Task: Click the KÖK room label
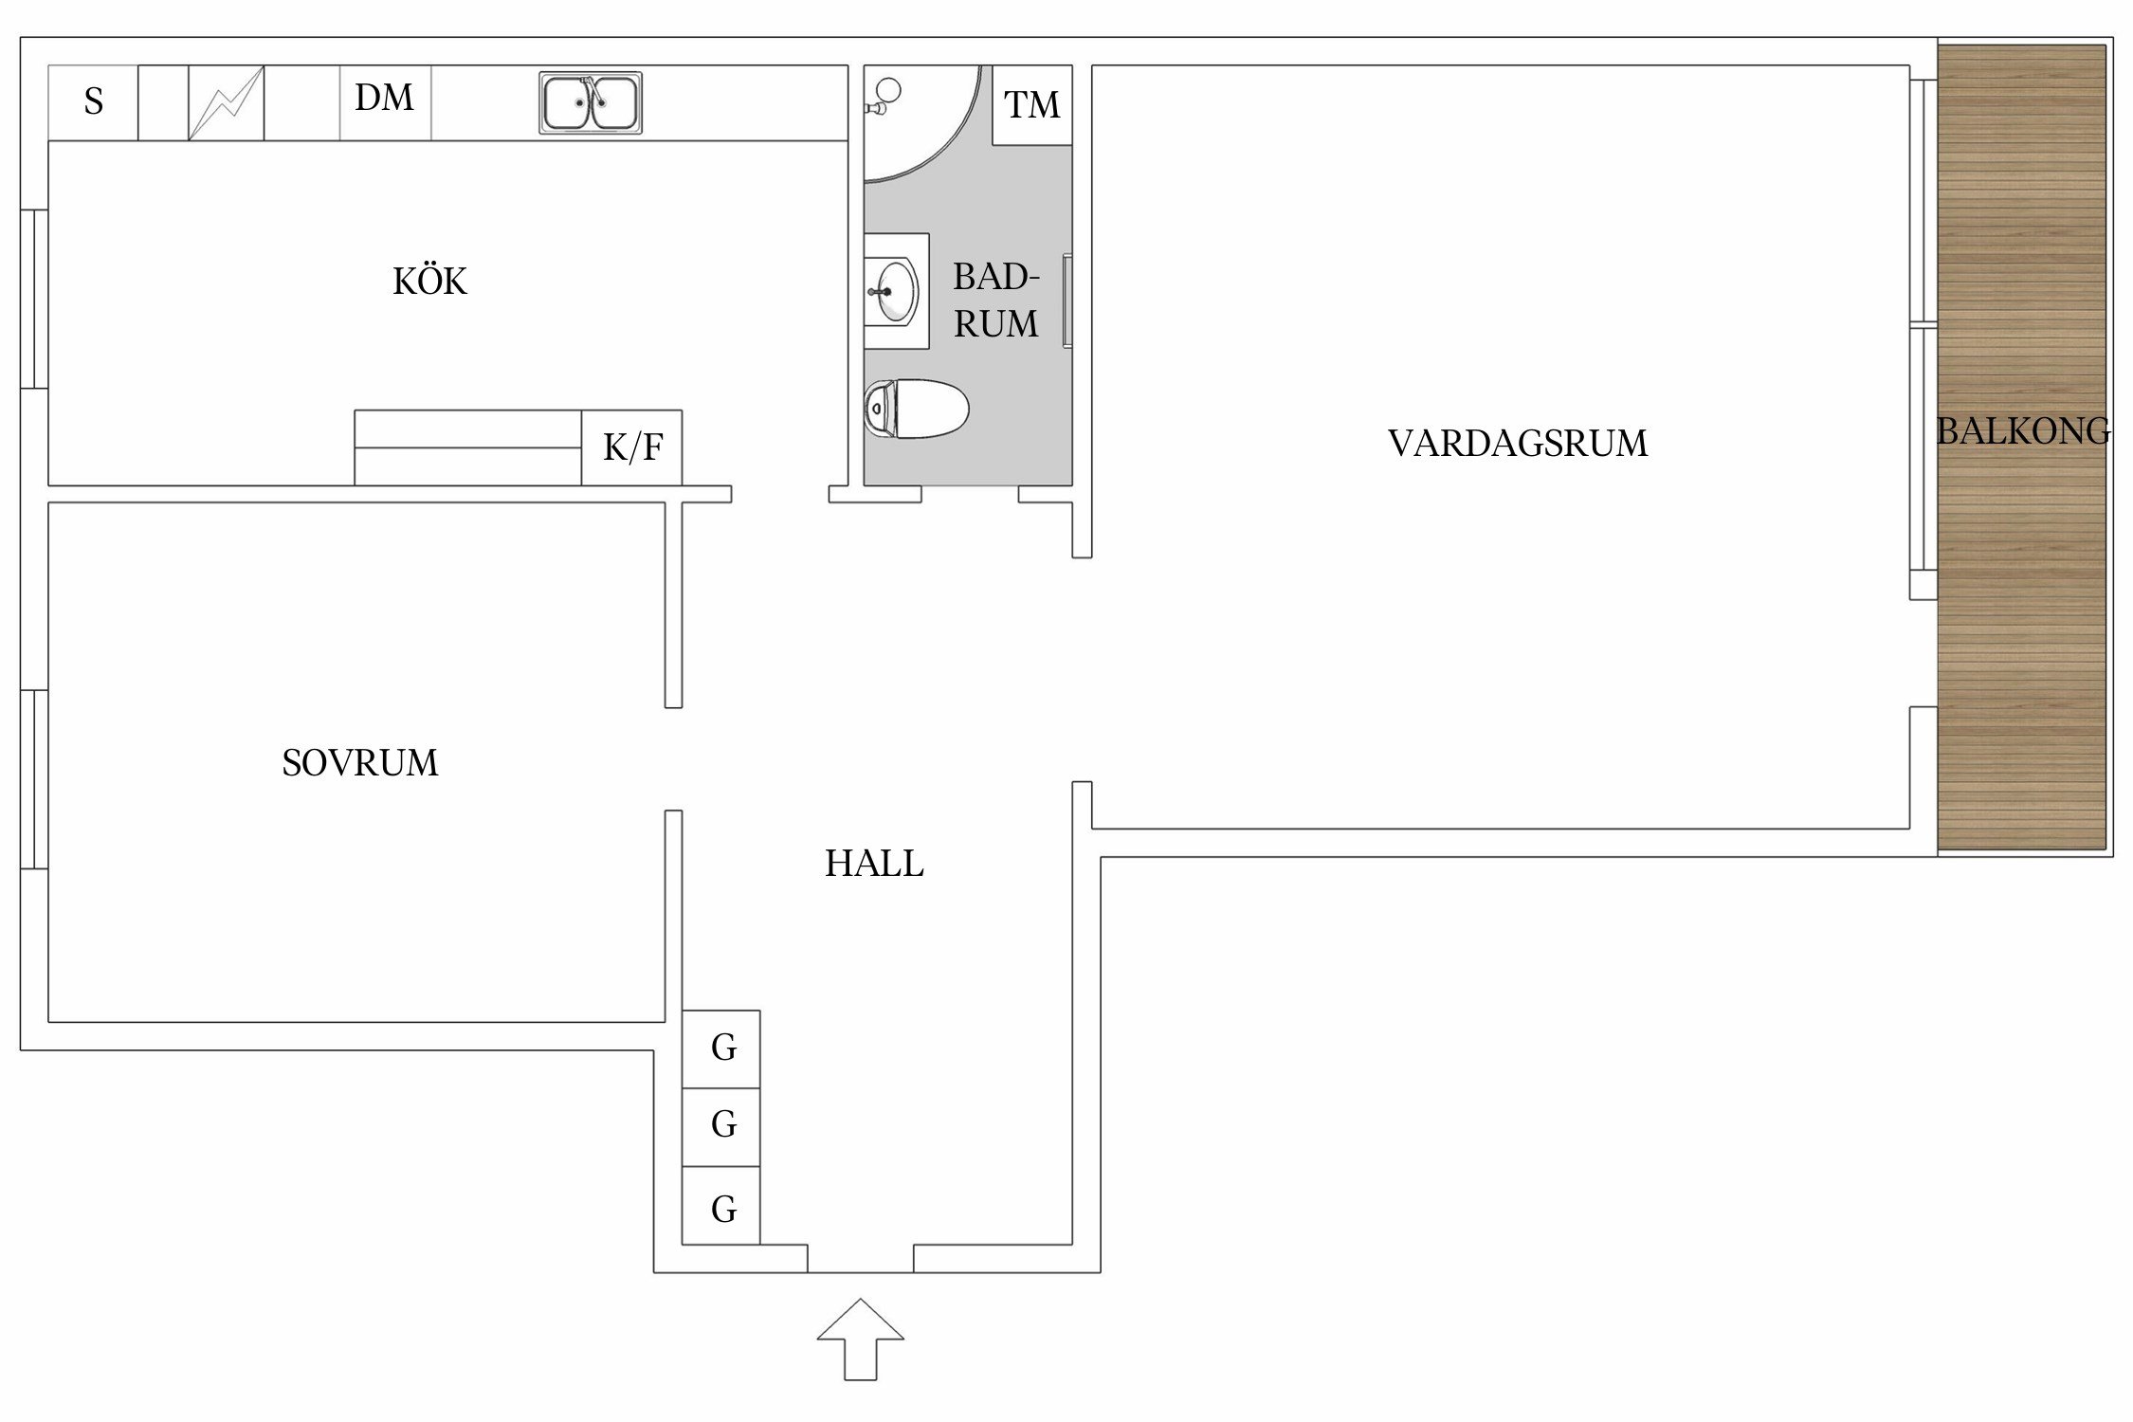pos(429,282)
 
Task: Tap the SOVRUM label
pos(360,763)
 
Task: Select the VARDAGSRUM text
pos(1518,444)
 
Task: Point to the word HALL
pos(874,864)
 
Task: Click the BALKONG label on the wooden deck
pos(2022,431)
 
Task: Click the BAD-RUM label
pos(995,301)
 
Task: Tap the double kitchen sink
pos(591,102)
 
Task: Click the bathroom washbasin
pos(895,291)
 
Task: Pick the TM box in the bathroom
pos(1031,104)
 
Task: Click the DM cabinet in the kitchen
pos(385,99)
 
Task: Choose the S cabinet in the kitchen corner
pos(93,102)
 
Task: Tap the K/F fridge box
pos(632,447)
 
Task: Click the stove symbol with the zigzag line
pos(226,102)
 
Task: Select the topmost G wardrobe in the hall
pos(722,1048)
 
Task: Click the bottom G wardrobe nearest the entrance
pos(722,1209)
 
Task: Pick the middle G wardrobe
pos(722,1124)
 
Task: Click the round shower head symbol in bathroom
pos(889,92)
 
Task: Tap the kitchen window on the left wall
pos(33,299)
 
